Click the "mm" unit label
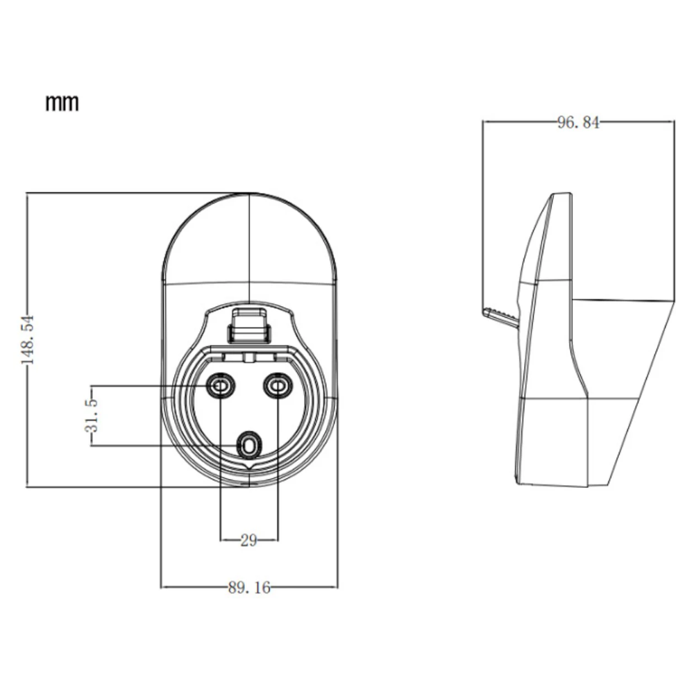[62, 103]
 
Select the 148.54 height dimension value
[28, 339]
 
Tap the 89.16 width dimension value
[249, 587]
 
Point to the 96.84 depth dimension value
[578, 122]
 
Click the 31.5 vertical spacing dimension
[91, 415]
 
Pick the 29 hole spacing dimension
[248, 540]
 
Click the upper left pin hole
[220, 387]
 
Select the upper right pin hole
[278, 387]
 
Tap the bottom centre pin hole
[249, 446]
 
